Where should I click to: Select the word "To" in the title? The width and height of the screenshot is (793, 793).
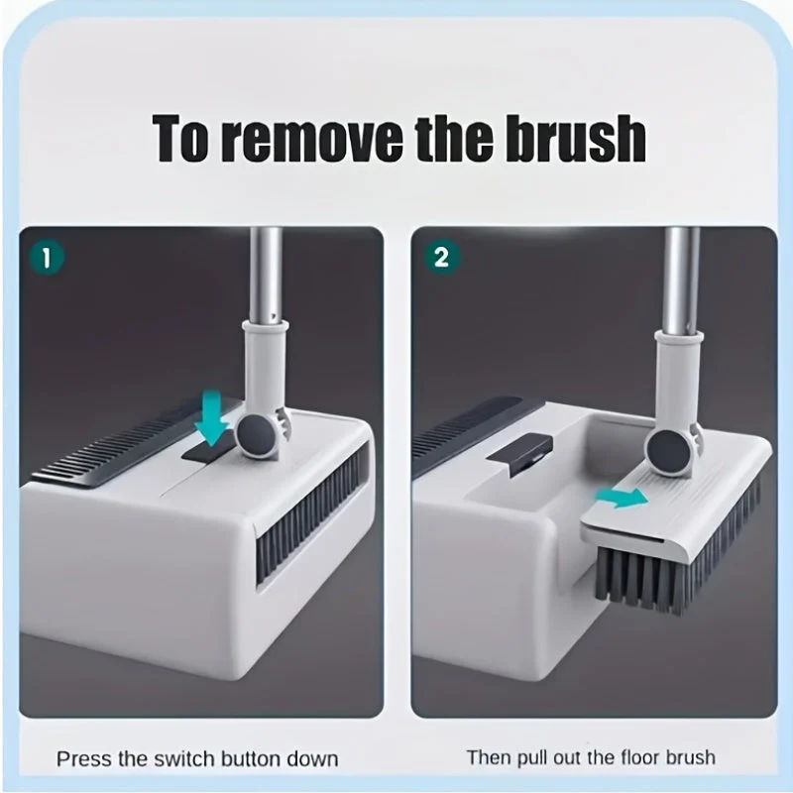[x=180, y=138]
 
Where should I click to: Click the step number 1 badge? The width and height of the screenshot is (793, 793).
[x=47, y=258]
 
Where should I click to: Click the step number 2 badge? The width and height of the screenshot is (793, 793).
[x=440, y=258]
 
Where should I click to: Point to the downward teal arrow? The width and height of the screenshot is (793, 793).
[x=211, y=417]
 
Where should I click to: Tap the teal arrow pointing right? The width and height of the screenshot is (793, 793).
[x=622, y=498]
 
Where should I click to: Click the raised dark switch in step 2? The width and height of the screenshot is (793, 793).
[x=519, y=453]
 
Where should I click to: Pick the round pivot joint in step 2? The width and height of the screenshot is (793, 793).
[x=668, y=452]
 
